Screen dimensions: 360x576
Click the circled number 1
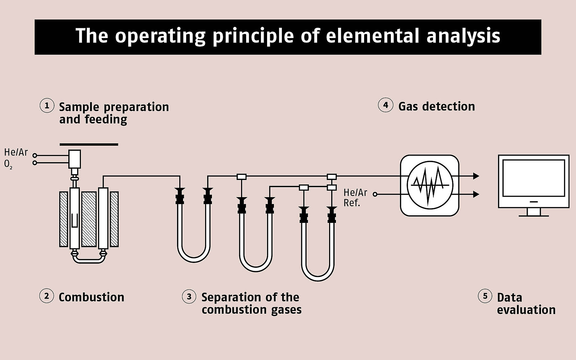coord(47,106)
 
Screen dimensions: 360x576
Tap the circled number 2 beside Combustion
coord(47,296)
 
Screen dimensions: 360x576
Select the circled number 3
coord(189,297)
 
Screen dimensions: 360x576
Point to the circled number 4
coord(385,105)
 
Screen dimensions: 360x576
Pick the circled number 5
coord(485,296)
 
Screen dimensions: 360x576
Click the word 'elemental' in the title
coord(372,36)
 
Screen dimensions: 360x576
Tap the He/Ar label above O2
coord(16,152)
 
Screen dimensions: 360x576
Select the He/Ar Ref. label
coord(355,197)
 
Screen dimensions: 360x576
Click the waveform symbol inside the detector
coord(430,185)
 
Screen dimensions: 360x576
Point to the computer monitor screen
coord(533,178)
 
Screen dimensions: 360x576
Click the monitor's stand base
coord(533,215)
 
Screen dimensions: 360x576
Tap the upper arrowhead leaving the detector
coord(476,176)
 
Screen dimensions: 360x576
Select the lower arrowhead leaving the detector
coord(476,194)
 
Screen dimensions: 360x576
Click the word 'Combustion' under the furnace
coord(91,297)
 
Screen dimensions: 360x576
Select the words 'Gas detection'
coord(436,106)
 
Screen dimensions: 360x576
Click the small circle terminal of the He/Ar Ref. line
coord(375,194)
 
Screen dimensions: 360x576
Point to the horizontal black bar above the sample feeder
coord(89,144)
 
